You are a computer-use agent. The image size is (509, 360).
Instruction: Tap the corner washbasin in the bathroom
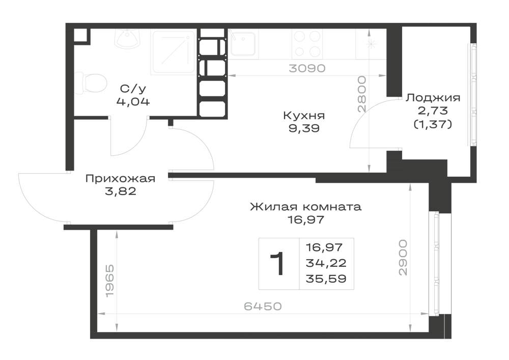[128, 39]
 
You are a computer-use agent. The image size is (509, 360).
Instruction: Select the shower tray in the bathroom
[174, 51]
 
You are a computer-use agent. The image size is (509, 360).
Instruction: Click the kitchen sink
[242, 43]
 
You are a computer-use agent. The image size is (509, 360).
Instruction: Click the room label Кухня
[304, 115]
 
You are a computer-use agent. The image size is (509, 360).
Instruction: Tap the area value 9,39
[304, 128]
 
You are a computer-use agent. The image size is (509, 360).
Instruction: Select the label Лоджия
[433, 98]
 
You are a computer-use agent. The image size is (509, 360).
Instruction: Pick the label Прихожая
[120, 179]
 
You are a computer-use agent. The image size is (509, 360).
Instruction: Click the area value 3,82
[121, 191]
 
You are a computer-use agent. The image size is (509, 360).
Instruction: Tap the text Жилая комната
[305, 206]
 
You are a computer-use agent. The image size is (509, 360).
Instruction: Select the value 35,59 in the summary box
[326, 279]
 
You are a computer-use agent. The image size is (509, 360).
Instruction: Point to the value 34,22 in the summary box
[326, 263]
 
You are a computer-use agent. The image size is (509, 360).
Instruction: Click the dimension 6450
[263, 306]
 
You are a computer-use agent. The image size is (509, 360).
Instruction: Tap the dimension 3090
[307, 69]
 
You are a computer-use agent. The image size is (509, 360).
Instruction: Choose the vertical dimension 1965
[110, 281]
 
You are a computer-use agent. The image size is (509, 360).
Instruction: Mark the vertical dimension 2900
[403, 258]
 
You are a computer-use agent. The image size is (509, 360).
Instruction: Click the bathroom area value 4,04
[133, 102]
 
